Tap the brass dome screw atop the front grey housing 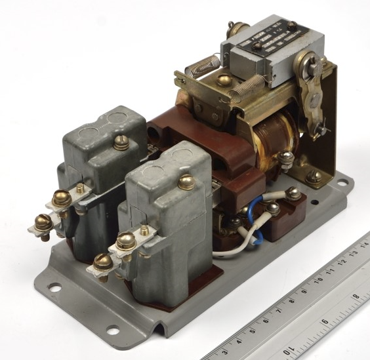tap(186, 182)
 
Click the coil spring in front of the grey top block tap(247, 87)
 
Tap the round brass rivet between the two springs tap(224, 79)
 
